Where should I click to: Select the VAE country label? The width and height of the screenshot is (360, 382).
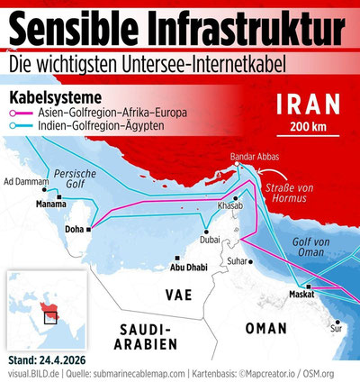coord(176,295)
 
